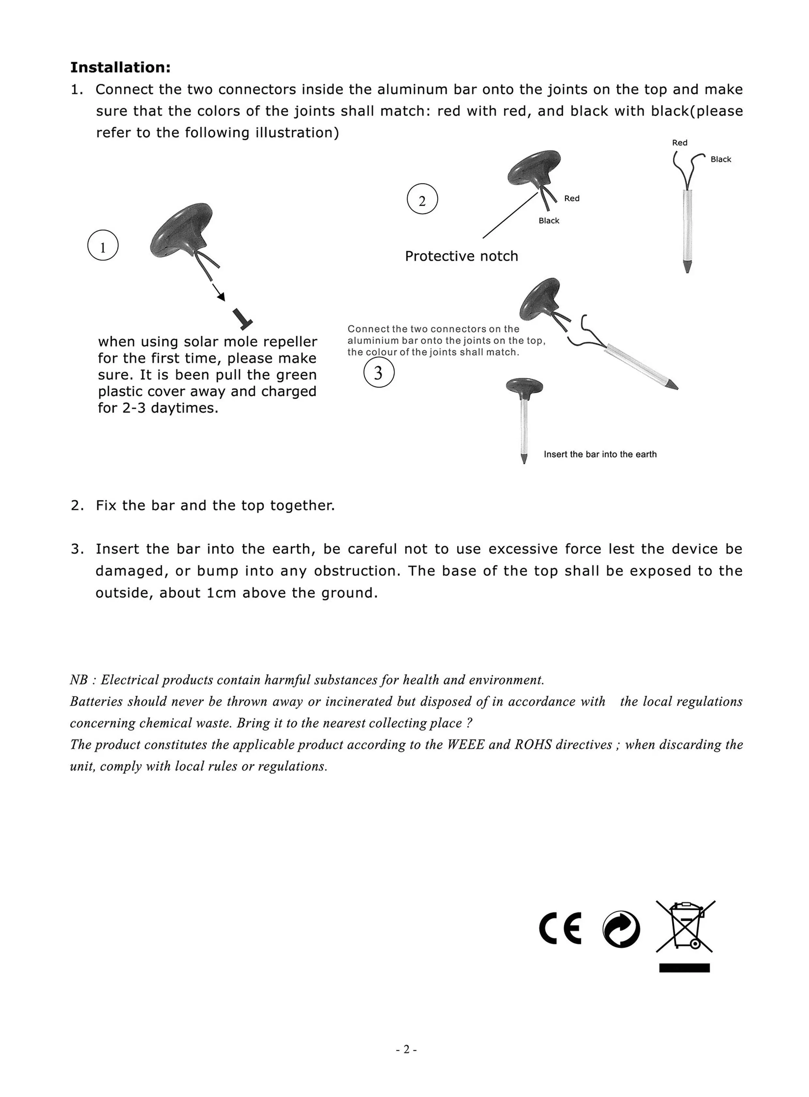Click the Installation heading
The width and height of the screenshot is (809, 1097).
tap(120, 67)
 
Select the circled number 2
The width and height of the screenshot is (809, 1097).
tap(422, 199)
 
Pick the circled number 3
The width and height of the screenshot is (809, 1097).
tap(378, 373)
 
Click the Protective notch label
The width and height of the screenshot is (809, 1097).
tap(461, 256)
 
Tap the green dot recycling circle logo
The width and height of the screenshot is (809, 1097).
tap(621, 929)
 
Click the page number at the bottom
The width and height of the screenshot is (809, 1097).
tap(406, 1049)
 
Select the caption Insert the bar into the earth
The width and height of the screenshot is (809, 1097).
tap(600, 454)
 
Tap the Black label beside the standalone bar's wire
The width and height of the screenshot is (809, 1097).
tap(720, 159)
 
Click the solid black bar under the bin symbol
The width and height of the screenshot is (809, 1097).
tap(684, 967)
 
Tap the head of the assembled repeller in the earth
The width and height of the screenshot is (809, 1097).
tap(525, 386)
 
